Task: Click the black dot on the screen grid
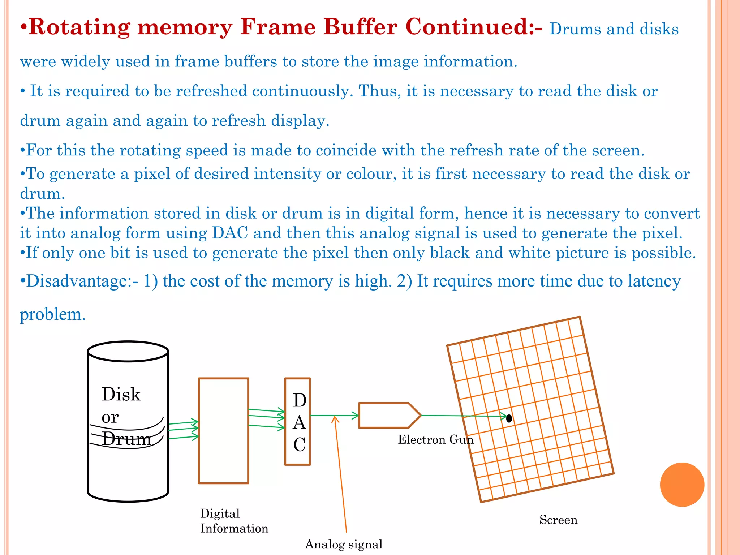509,418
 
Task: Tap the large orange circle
682,485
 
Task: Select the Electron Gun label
435,440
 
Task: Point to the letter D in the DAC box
300,400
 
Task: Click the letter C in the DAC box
299,445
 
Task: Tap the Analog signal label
344,544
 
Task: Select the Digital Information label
234,521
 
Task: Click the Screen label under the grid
558,520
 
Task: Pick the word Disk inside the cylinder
121,394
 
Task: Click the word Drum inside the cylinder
126,439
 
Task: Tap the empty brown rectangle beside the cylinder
223,430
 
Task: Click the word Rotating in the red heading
79,27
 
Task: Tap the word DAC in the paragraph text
230,233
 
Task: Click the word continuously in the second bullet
302,91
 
